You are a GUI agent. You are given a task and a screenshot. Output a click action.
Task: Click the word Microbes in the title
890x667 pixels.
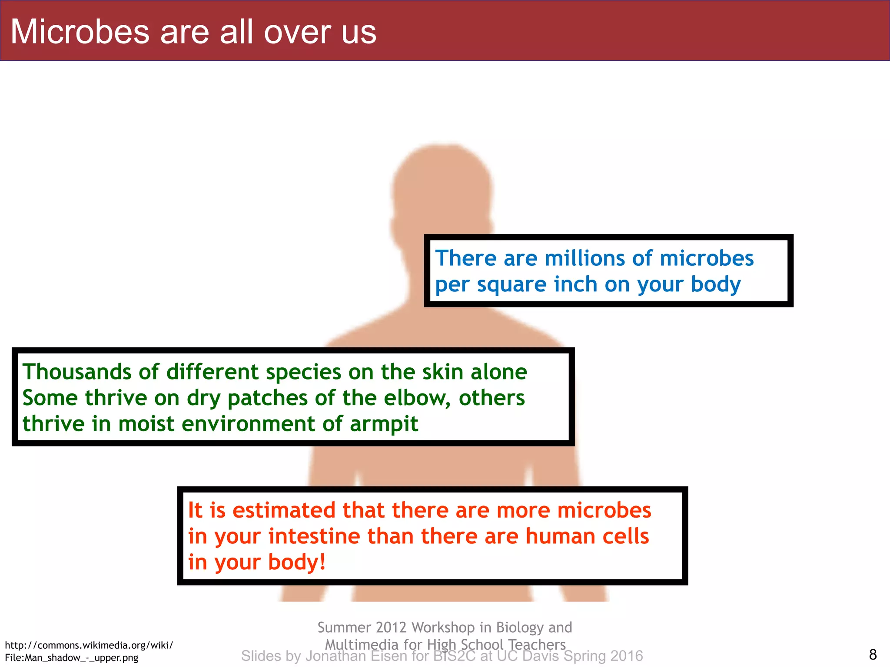80,32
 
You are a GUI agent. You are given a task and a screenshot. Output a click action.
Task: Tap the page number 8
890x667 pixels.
873,654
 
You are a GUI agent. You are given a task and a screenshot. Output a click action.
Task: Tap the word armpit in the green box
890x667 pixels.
384,424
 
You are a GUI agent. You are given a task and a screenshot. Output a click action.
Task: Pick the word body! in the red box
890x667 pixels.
297,562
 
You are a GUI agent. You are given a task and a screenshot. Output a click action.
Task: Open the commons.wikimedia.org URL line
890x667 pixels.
89,645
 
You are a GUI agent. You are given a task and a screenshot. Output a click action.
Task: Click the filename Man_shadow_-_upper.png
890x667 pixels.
81,658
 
